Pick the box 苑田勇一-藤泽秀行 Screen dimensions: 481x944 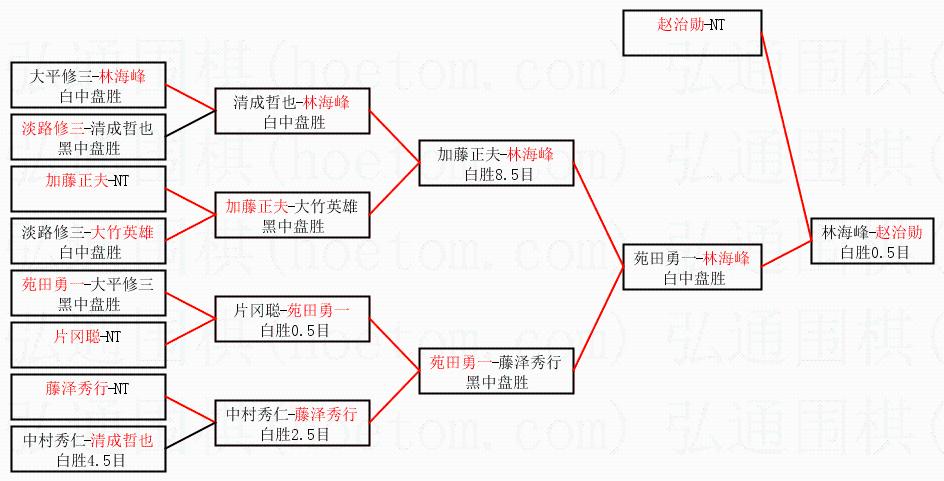[495, 371]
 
